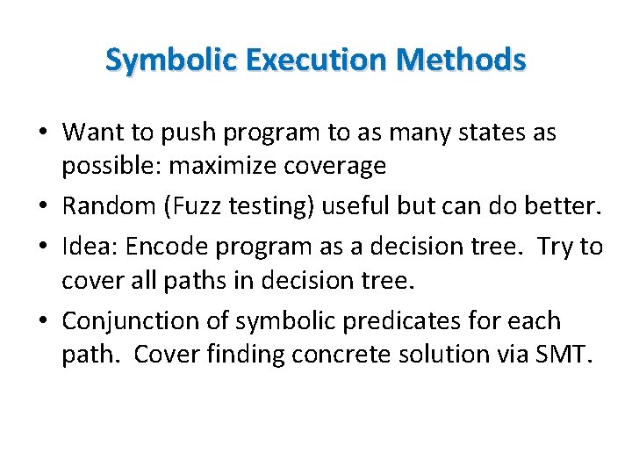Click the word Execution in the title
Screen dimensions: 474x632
click(x=314, y=60)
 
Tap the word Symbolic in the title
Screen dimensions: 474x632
click(x=173, y=60)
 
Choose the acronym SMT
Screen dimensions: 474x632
click(x=568, y=355)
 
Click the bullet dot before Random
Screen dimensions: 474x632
click(x=43, y=207)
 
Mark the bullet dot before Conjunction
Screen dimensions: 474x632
click(x=43, y=321)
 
